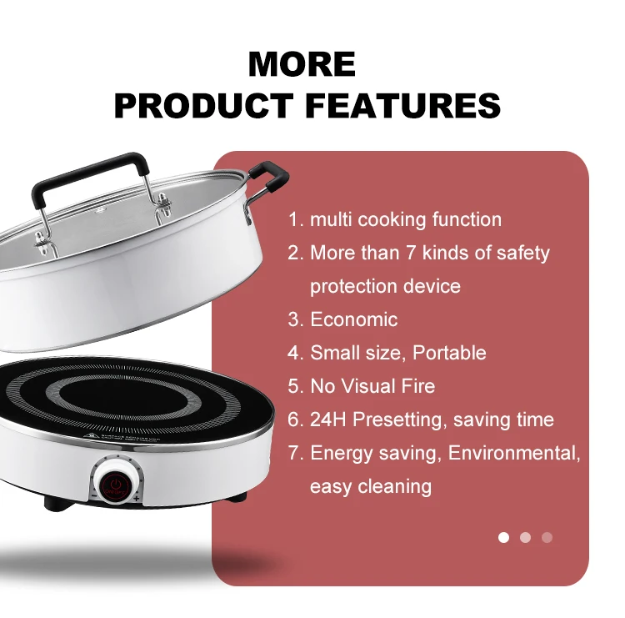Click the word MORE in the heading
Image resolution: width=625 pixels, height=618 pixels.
click(x=302, y=65)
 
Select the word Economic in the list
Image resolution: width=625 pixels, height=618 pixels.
click(x=353, y=319)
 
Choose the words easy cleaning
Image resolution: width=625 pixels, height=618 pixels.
click(x=370, y=486)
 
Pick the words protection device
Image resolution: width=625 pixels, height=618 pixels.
click(x=384, y=286)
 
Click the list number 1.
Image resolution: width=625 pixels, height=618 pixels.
click(x=294, y=220)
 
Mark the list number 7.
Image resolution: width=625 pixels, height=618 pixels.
click(x=294, y=454)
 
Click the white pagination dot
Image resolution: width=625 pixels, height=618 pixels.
click(x=503, y=537)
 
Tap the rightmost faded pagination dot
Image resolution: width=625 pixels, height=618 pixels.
click(x=547, y=537)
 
